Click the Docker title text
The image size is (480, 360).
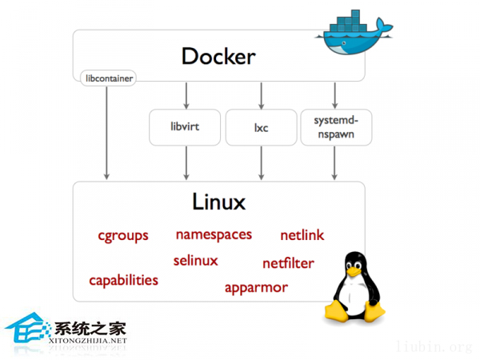[x=218, y=56]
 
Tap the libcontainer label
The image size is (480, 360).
[x=108, y=78]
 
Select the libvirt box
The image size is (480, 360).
[x=186, y=127]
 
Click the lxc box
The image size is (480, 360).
[x=261, y=127]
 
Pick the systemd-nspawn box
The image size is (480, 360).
[x=335, y=127]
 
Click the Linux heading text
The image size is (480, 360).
[x=218, y=201]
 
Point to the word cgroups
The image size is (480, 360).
[x=123, y=235]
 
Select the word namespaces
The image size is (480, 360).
[x=214, y=234]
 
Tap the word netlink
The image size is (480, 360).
[x=302, y=235]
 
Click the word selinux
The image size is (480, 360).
[x=195, y=260]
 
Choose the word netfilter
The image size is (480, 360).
[x=288, y=263]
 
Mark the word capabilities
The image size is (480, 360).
[x=123, y=280]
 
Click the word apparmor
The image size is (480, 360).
[x=256, y=287]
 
